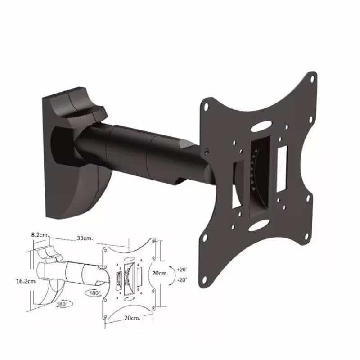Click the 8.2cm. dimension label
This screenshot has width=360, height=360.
click(x=40, y=235)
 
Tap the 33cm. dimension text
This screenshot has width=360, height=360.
click(x=85, y=238)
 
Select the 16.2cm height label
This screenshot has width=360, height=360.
click(x=26, y=281)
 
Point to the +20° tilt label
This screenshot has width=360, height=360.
click(x=182, y=269)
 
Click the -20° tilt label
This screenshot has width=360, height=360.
click(x=182, y=280)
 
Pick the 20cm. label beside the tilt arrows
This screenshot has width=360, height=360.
click(x=160, y=273)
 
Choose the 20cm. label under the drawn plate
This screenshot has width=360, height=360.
click(x=132, y=318)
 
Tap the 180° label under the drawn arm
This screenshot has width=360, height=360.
click(x=94, y=293)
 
